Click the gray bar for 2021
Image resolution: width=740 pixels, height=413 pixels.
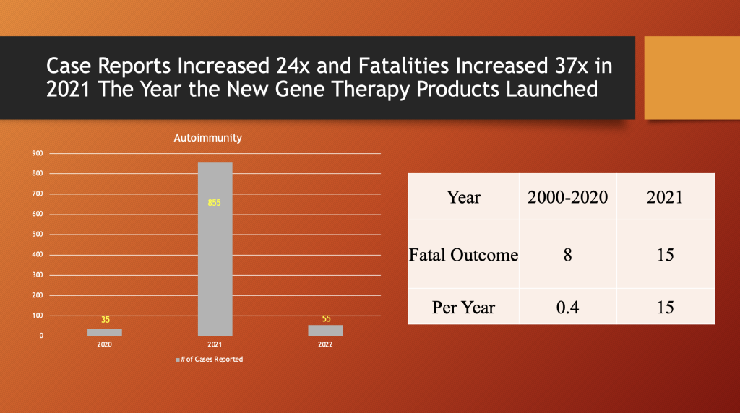coord(215,249)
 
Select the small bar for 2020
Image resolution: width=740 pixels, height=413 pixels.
coord(105,332)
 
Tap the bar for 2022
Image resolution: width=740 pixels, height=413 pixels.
coord(326,330)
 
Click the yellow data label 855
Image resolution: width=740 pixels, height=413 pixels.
coord(215,203)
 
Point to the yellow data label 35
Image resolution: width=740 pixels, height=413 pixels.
coord(105,319)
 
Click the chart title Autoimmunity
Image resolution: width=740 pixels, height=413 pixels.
coord(207,138)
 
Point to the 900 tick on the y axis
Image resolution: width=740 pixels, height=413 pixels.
coord(37,153)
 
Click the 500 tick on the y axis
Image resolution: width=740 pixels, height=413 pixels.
coord(37,235)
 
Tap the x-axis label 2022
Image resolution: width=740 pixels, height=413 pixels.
coord(327,344)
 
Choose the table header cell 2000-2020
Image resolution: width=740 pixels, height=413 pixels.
coord(567,196)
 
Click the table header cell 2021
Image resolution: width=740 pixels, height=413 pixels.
coord(665,196)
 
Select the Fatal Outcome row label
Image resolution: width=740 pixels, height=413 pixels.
coord(463,255)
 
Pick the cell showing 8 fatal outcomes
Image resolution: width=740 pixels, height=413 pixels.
coord(567,255)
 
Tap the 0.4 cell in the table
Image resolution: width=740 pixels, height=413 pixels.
coord(567,308)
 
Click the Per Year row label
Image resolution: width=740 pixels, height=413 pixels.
coord(463,308)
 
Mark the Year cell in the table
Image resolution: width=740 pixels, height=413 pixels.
coord(463,196)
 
